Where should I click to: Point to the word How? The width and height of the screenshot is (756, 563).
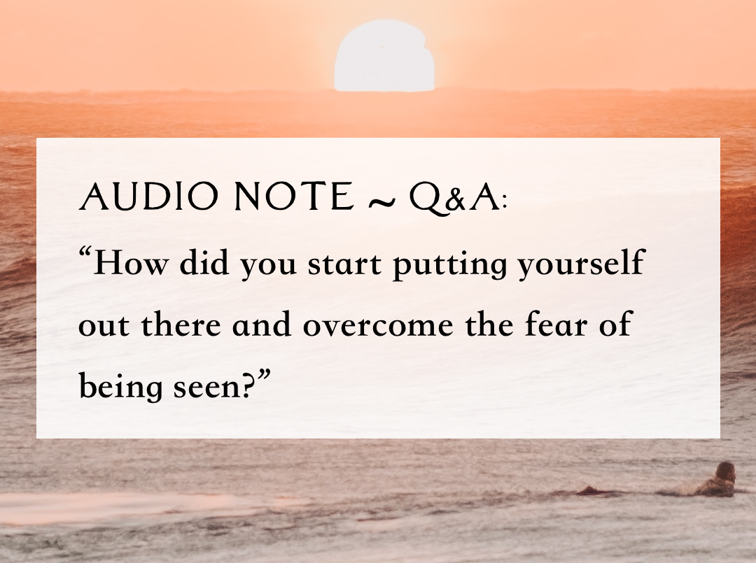134,265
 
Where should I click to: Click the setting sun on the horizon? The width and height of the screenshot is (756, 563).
384,56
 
